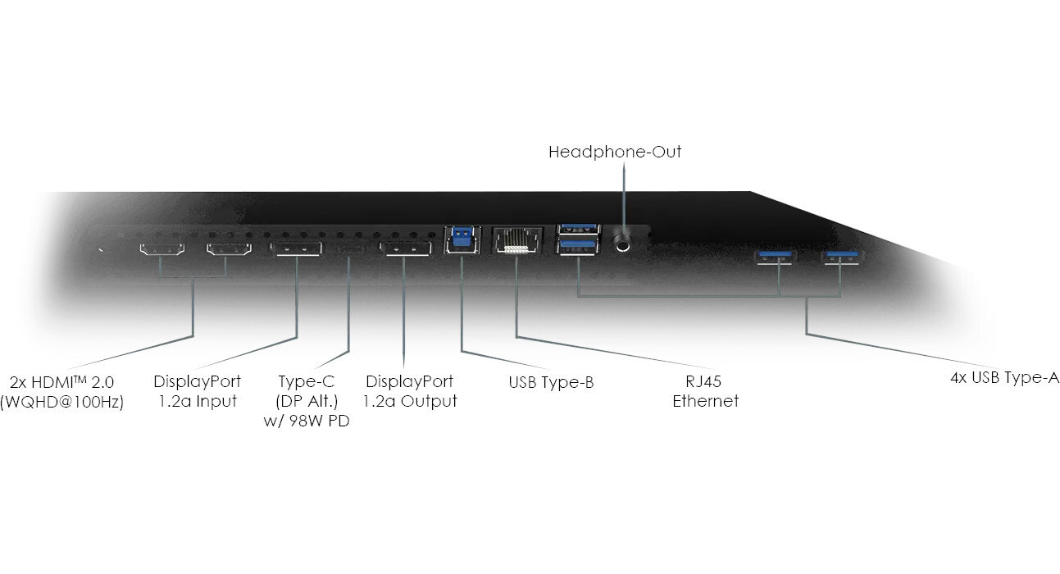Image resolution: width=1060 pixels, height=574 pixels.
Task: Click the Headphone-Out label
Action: click(x=615, y=152)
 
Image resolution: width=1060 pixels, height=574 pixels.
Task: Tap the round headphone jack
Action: click(x=622, y=244)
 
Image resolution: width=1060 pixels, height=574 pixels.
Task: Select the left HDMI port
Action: click(x=162, y=249)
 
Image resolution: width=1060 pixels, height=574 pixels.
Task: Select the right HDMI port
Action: click(x=229, y=249)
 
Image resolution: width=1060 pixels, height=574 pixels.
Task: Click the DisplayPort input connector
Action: click(x=297, y=249)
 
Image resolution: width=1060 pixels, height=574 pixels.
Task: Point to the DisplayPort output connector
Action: click(x=406, y=249)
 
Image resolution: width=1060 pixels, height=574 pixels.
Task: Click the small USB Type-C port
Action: click(x=350, y=249)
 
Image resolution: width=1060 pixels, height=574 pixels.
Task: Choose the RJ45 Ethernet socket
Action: click(x=516, y=241)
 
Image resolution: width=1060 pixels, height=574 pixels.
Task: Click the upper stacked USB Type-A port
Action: click(x=579, y=229)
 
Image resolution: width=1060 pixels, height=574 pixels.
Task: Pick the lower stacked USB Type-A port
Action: click(x=577, y=246)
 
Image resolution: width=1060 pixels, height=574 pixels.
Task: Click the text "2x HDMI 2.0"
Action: click(x=61, y=382)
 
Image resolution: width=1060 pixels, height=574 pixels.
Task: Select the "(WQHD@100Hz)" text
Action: click(x=61, y=402)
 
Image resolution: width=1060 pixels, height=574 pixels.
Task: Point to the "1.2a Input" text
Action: click(x=198, y=401)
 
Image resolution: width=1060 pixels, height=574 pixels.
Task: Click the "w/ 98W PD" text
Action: click(x=307, y=421)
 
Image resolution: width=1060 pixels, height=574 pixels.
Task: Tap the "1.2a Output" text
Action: click(x=410, y=401)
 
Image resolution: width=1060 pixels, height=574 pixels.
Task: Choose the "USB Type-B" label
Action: click(x=551, y=382)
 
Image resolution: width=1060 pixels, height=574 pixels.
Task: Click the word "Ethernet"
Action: click(x=705, y=401)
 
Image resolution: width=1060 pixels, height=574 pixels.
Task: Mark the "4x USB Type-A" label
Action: click(x=1004, y=378)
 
